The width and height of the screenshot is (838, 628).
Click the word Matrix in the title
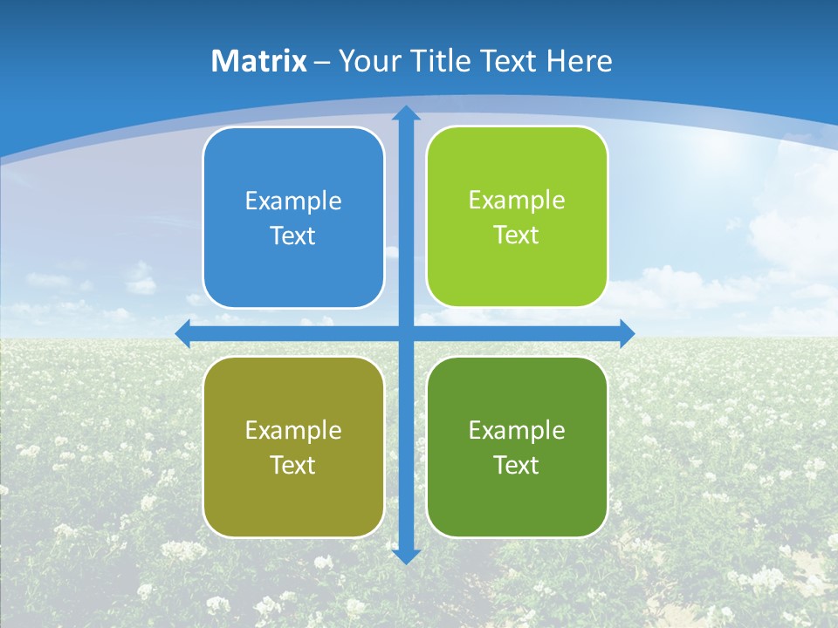258,61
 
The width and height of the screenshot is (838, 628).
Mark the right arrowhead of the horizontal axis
627,333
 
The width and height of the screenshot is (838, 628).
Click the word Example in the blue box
293,201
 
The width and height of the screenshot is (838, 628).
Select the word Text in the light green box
517,235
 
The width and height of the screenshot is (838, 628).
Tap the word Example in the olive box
293,430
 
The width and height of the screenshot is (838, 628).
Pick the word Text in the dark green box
517,465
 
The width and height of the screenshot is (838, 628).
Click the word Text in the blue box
293,235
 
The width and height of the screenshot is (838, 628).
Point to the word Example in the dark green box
517,430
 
